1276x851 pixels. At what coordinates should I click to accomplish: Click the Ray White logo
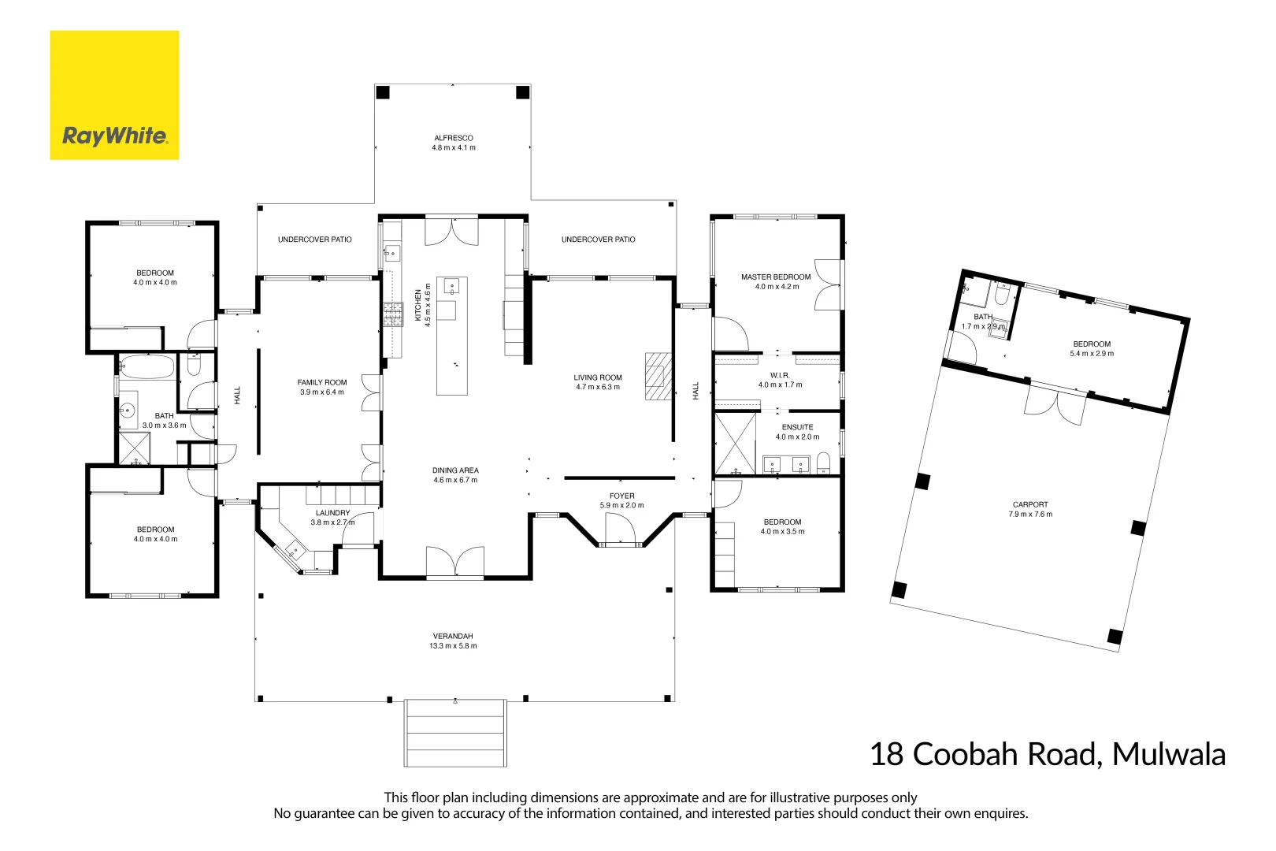114,95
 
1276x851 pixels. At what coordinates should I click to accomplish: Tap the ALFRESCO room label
454,138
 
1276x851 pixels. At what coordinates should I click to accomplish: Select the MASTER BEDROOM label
775,277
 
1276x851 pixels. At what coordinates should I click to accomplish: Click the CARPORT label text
1030,504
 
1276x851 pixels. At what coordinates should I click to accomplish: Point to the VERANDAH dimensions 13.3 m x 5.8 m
453,646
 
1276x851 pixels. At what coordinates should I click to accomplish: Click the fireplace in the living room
658,377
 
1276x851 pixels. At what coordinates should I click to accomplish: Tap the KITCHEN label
418,305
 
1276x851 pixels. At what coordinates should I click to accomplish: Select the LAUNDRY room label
332,513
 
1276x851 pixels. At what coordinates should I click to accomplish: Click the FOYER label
621,496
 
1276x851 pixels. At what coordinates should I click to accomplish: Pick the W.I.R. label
780,375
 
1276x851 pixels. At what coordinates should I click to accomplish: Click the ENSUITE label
797,427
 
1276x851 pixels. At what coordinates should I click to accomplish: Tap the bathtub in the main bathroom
147,367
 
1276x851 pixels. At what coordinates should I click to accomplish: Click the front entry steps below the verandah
455,733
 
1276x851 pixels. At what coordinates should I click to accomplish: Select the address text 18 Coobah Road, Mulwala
1047,755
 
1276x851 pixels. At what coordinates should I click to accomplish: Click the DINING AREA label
455,470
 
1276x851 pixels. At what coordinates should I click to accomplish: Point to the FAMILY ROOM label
322,382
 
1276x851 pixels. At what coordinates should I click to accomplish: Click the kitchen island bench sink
452,285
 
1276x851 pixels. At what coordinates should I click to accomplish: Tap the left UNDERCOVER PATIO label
315,240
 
